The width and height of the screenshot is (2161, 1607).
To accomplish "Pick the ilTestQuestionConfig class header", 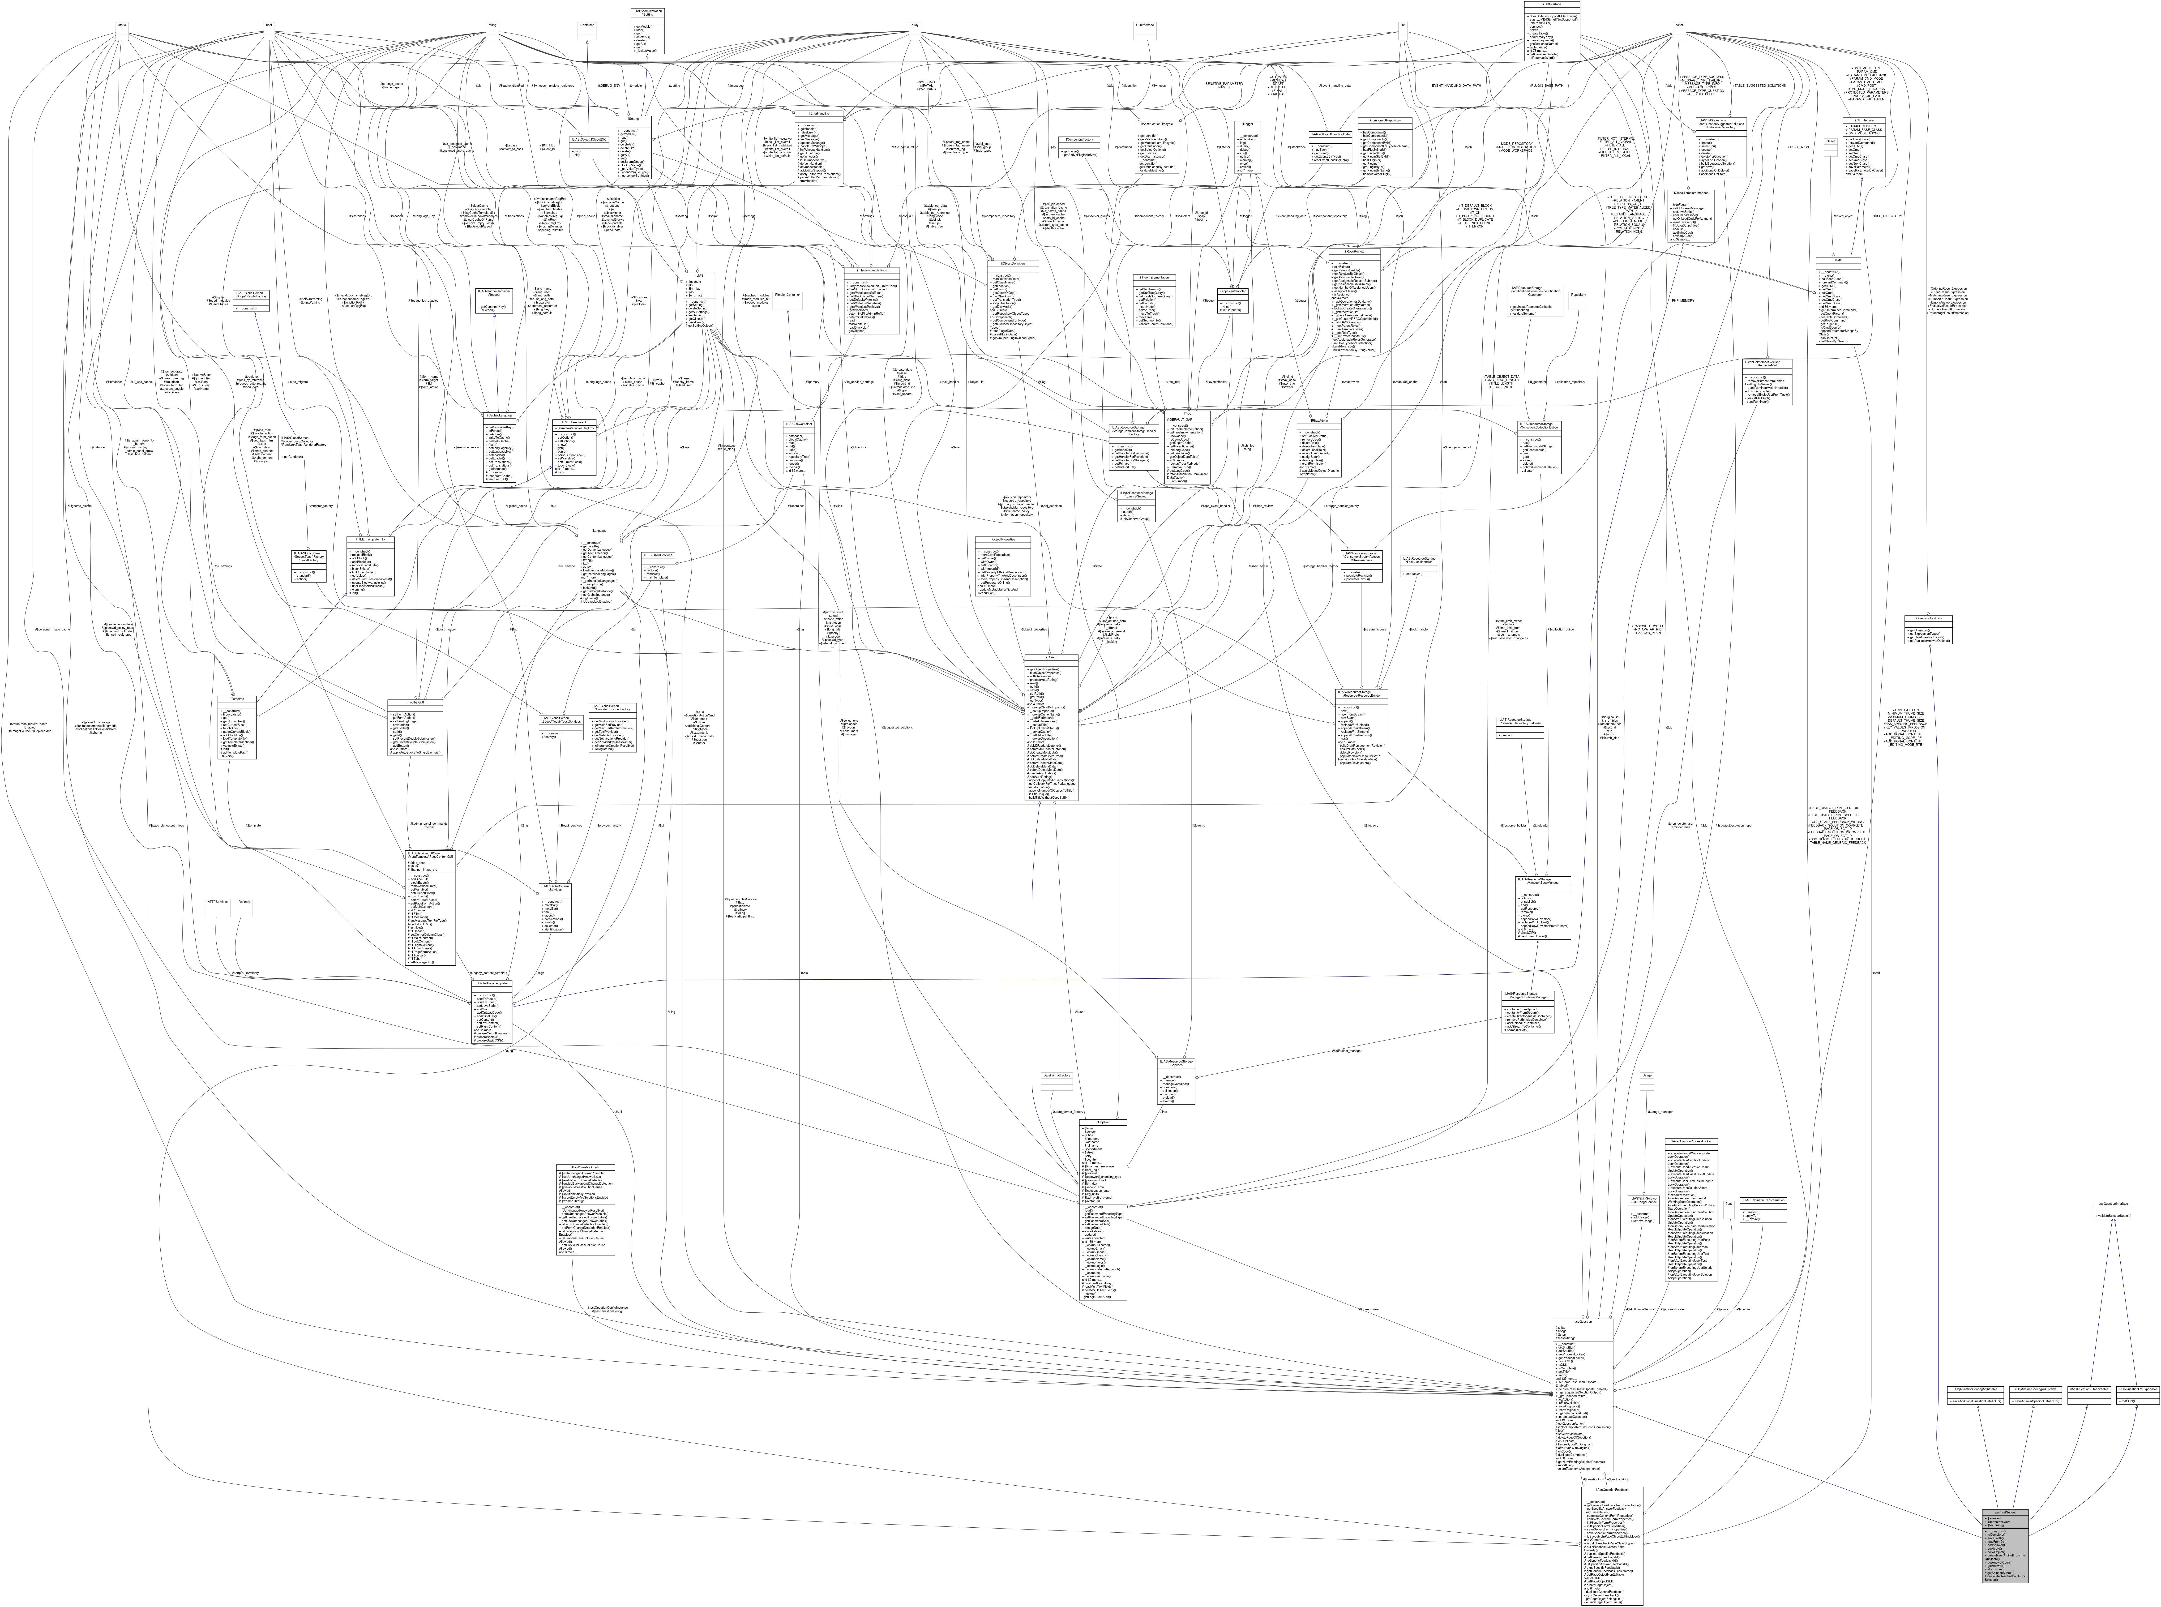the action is tap(585, 1166).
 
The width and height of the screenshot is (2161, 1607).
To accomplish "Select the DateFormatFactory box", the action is tap(1055, 1076).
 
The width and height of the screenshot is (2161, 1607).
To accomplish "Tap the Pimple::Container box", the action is tap(793, 294).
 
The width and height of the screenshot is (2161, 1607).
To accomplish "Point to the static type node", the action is tap(123, 24).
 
